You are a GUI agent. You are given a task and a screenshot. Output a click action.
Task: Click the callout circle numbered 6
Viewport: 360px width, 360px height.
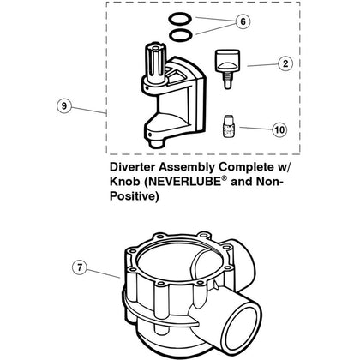[242, 21]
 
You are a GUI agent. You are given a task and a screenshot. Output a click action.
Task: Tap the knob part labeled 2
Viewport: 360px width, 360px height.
[225, 62]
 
